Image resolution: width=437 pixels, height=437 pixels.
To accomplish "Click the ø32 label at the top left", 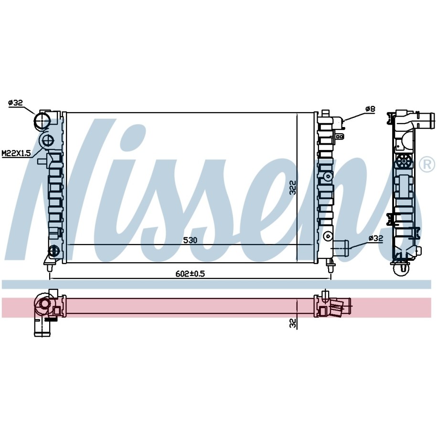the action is [x=15, y=103].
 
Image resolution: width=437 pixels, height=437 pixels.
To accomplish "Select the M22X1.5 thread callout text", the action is [x=16, y=153].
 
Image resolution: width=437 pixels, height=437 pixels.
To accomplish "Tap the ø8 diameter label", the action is [x=371, y=109].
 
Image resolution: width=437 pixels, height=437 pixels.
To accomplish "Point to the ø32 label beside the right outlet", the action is [x=376, y=238].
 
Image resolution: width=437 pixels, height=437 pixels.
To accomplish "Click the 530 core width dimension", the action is [x=190, y=240].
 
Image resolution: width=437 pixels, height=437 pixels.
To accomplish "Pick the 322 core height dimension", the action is [x=292, y=188].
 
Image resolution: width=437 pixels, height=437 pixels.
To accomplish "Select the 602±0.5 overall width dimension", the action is [x=190, y=274].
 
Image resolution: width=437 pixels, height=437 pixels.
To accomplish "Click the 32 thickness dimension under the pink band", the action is [x=292, y=323].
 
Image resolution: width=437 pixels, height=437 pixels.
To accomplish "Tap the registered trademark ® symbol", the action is [x=427, y=164].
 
